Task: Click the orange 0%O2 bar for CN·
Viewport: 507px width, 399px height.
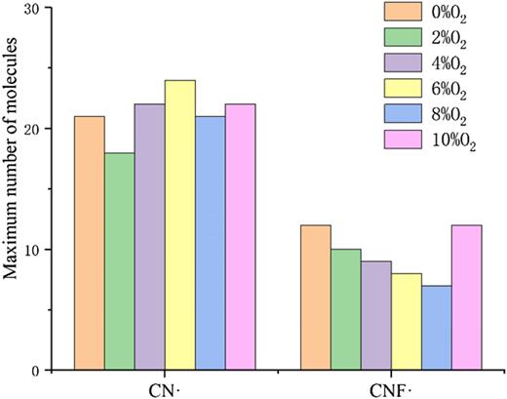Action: [x=90, y=244]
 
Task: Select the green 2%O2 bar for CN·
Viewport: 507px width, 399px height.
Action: [x=119, y=261]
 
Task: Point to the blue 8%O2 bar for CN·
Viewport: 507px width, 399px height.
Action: [x=210, y=244]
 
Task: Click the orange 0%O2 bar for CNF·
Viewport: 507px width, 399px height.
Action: [x=316, y=298]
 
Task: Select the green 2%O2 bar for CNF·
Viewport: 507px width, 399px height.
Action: [x=345, y=310]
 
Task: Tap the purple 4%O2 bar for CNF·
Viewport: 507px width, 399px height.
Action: [x=375, y=316]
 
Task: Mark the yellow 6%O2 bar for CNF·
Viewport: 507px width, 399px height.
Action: [x=406, y=322]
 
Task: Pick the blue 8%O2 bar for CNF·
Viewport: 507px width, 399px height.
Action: [x=435, y=328]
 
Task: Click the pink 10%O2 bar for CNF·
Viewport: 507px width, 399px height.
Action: [x=465, y=298]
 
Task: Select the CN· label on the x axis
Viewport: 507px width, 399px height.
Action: [x=165, y=387]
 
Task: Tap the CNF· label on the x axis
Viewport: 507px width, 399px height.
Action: [x=390, y=387]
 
